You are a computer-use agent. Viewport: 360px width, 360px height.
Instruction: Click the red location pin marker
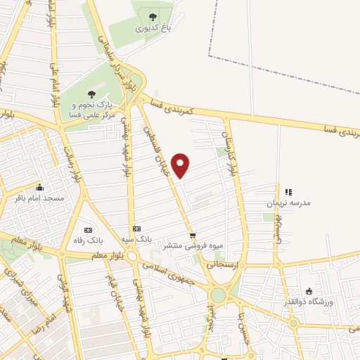coord(181,166)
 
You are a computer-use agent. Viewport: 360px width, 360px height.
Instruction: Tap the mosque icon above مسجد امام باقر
coord(39,187)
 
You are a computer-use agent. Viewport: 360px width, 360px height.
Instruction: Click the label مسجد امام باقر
coord(39,199)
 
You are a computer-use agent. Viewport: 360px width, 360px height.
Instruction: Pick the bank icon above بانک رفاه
coord(88,230)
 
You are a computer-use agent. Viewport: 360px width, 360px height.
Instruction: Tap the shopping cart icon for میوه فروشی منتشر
coord(193,235)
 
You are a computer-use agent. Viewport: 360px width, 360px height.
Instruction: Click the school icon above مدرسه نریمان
coord(288,191)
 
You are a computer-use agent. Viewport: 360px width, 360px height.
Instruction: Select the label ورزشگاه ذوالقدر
coord(309,303)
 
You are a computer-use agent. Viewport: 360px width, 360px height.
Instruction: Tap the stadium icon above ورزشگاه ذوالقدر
coord(309,291)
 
